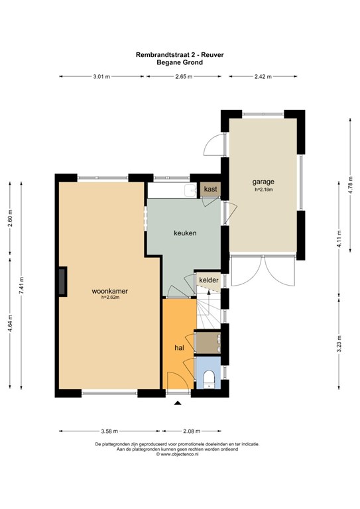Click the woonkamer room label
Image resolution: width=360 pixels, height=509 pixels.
(x=109, y=291)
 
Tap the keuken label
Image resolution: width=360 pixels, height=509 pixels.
(x=185, y=233)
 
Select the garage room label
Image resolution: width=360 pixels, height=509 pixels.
(x=263, y=182)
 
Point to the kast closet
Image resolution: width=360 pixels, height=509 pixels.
(x=210, y=189)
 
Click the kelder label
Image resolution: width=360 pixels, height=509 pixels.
(x=209, y=280)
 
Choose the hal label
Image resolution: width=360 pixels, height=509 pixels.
(x=179, y=348)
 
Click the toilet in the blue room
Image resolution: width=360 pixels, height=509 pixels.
(x=208, y=379)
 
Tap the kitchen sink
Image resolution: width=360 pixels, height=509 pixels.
(x=190, y=191)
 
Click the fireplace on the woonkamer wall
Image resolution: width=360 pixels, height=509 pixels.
(x=62, y=282)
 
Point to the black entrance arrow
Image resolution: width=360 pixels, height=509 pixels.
(x=178, y=403)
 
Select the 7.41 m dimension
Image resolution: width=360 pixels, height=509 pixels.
(x=21, y=286)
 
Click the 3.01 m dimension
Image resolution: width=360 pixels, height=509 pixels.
(x=101, y=77)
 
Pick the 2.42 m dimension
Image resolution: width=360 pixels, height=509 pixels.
(x=263, y=77)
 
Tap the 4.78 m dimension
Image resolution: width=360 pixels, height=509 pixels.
(x=350, y=185)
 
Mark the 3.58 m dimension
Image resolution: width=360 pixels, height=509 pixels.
(x=109, y=431)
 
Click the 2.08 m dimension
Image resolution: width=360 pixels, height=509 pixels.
(x=192, y=431)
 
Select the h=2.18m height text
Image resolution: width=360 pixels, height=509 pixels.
(x=263, y=190)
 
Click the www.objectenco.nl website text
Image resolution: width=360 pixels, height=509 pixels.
(x=177, y=455)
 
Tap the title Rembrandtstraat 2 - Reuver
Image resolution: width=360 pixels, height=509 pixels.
(x=180, y=55)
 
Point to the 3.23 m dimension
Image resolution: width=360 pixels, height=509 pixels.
(x=339, y=344)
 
